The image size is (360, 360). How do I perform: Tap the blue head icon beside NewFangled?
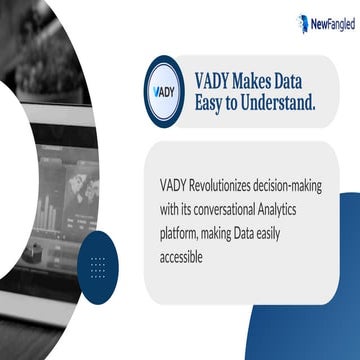pos(302,20)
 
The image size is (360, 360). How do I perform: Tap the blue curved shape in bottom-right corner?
pos(335,290)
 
